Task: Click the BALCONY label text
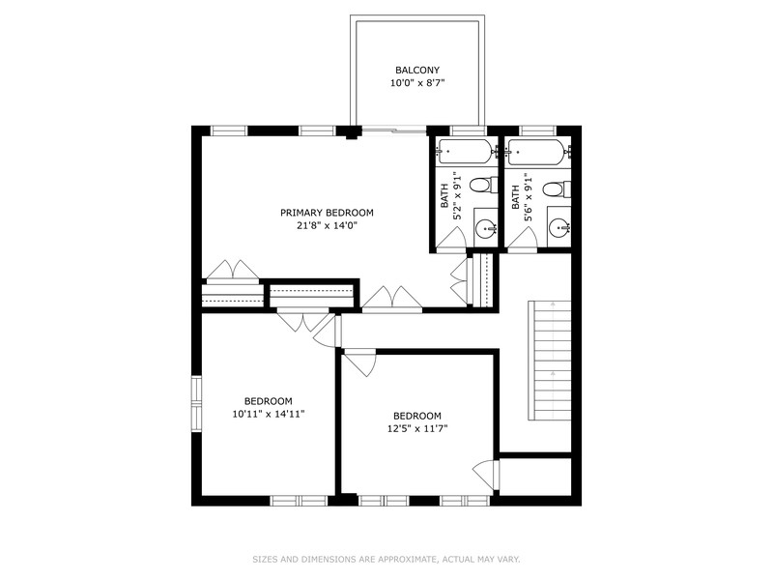417,71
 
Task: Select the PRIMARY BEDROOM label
327,213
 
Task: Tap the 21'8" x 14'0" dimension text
327,226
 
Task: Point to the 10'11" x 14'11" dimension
269,415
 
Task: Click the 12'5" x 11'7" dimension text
417,428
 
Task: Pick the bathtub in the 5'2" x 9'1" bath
466,152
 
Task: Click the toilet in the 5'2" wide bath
483,186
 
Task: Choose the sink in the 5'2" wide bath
486,228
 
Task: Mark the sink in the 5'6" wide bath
559,228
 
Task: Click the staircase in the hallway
550,360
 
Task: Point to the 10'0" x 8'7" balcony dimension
417,83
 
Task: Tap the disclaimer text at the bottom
386,560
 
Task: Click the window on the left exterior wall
197,404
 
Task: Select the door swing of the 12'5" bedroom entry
360,363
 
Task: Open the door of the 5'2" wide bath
451,239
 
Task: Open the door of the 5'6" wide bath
523,240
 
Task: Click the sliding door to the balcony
393,130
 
